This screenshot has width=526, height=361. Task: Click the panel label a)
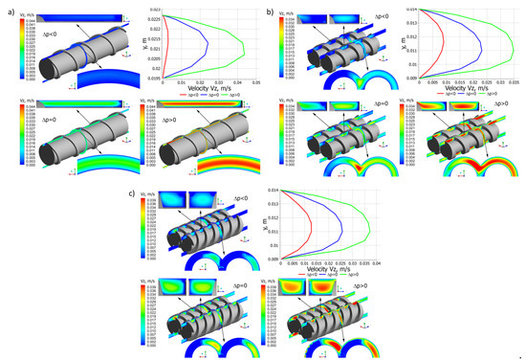point(9,9)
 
